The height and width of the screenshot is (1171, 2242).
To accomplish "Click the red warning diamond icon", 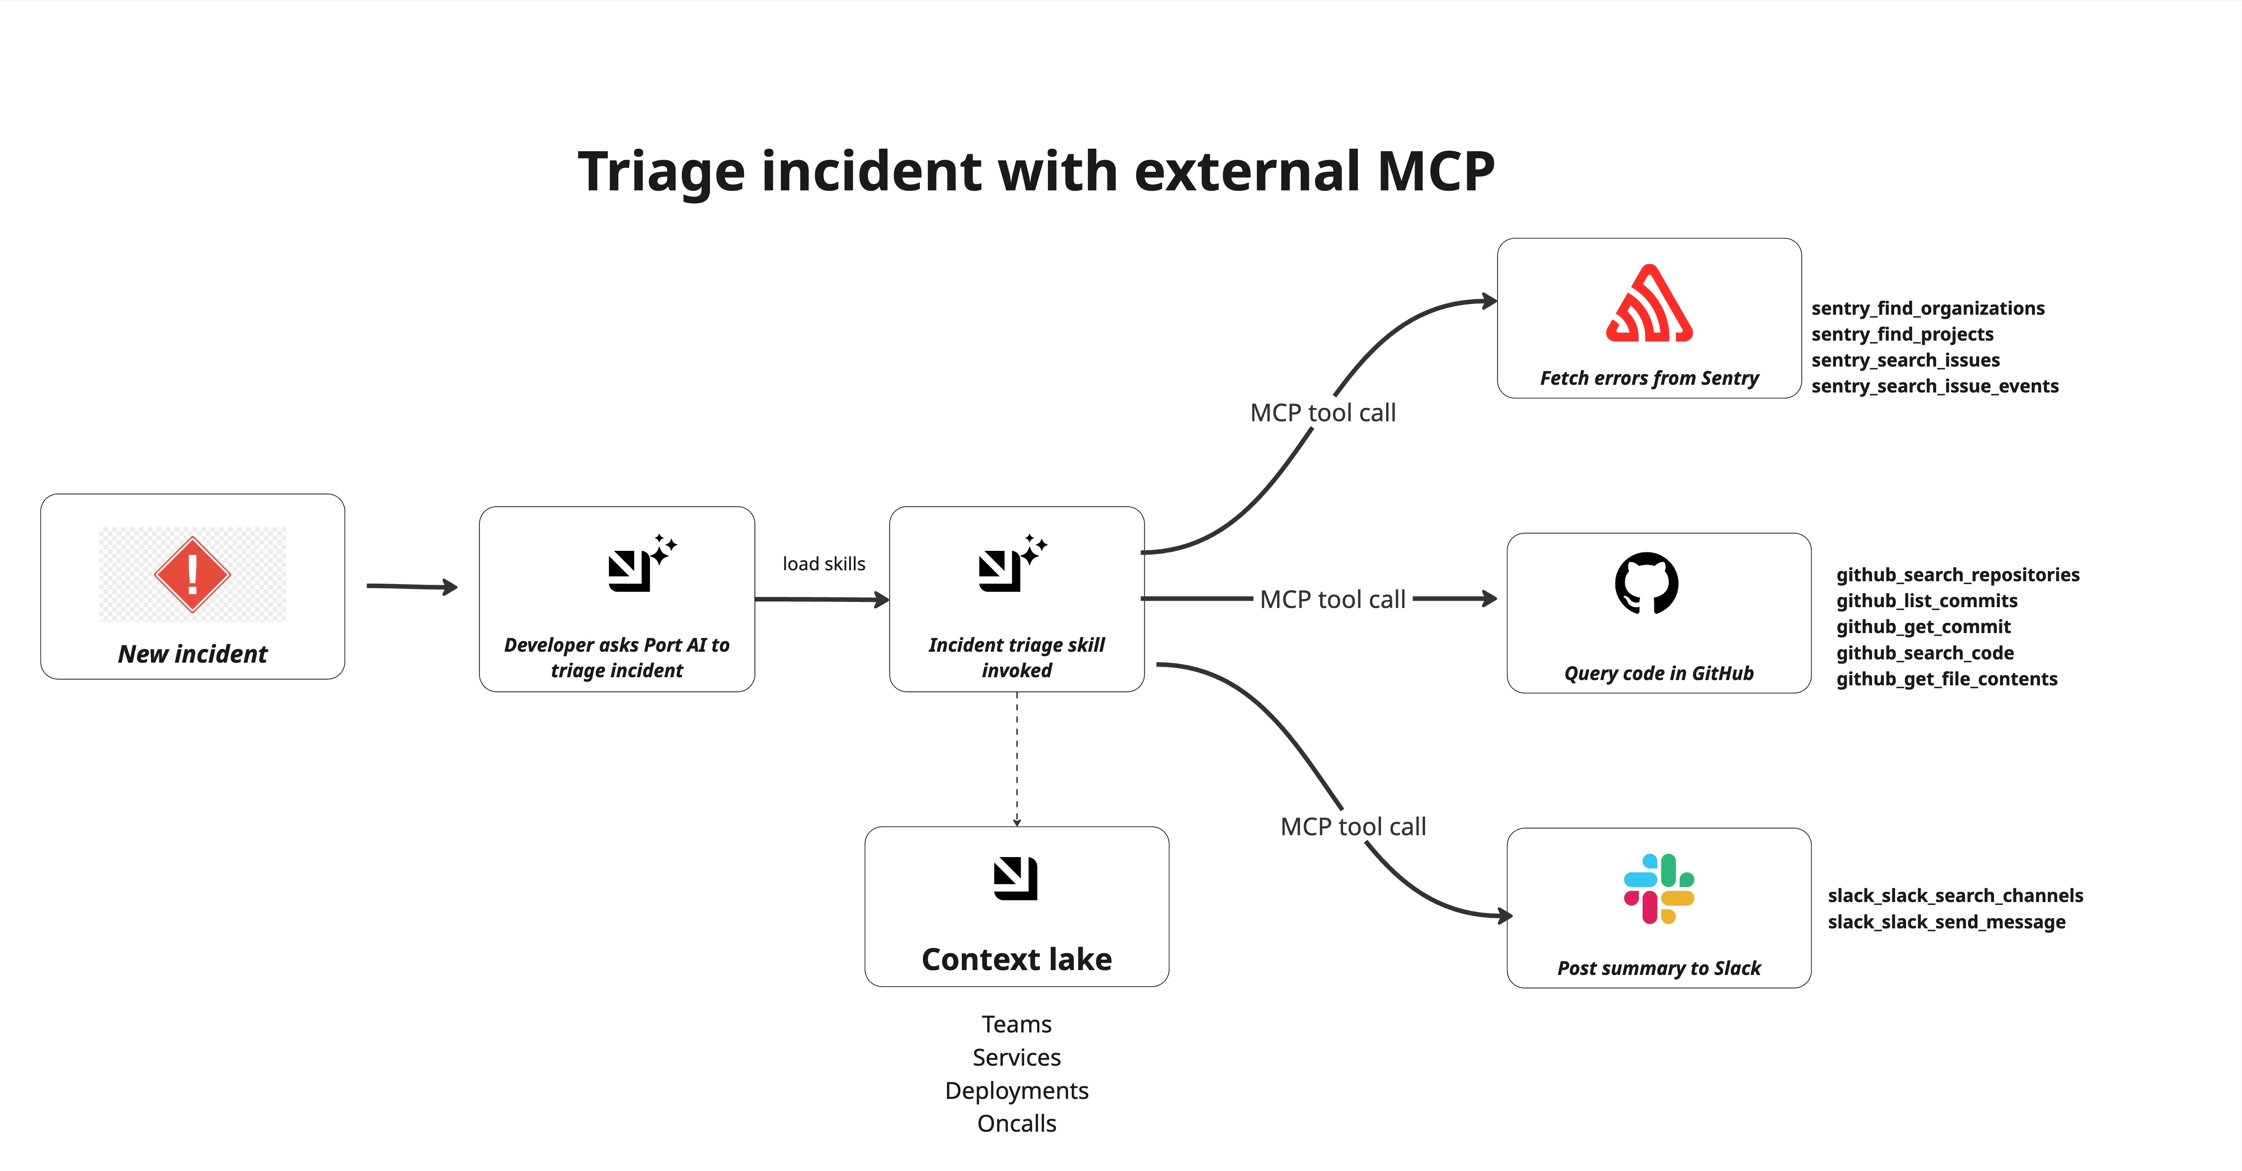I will [x=192, y=574].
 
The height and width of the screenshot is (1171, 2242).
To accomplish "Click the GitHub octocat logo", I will [x=1647, y=583].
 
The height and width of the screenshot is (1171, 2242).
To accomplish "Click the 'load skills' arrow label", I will [x=823, y=564].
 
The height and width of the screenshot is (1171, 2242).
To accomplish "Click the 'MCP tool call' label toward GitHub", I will [x=1332, y=599].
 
